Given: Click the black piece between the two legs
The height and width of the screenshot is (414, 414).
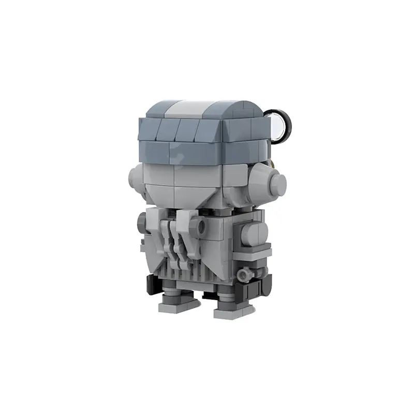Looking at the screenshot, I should pos(208,295).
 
